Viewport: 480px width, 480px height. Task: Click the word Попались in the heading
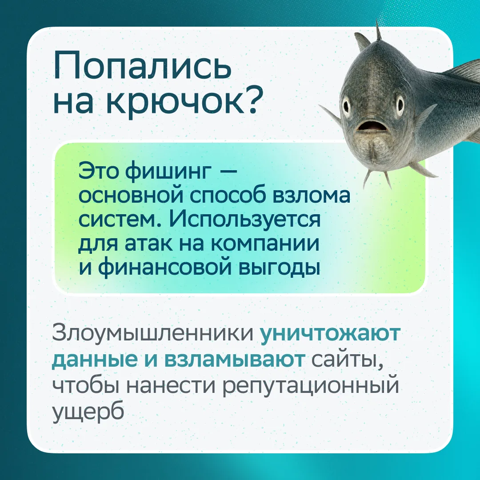(x=142, y=65)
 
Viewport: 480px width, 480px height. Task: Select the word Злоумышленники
(x=153, y=334)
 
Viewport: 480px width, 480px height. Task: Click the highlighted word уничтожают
(x=330, y=334)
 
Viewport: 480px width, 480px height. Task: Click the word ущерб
(x=88, y=411)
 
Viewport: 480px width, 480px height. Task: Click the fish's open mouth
(x=370, y=126)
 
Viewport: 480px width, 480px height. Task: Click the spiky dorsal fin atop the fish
(x=378, y=31)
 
